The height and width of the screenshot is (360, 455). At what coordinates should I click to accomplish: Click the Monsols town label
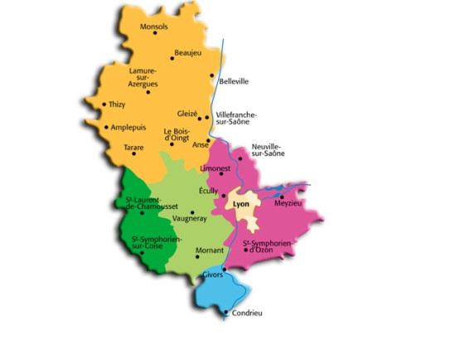tap(155, 27)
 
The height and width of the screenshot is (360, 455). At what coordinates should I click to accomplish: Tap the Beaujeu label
tap(188, 52)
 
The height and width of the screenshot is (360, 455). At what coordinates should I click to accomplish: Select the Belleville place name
tap(234, 81)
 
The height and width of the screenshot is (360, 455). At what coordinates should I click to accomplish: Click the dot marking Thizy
tap(103, 105)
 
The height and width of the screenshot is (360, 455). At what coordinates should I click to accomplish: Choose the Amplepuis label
tap(128, 128)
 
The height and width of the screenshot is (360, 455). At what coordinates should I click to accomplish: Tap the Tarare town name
tap(134, 147)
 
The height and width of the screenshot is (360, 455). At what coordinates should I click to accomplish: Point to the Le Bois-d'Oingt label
tap(178, 134)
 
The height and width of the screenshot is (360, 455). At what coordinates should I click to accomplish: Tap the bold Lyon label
tap(242, 202)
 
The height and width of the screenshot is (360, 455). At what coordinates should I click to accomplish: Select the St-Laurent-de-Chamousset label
tap(147, 204)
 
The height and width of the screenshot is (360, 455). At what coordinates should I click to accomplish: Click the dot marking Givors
tap(224, 269)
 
